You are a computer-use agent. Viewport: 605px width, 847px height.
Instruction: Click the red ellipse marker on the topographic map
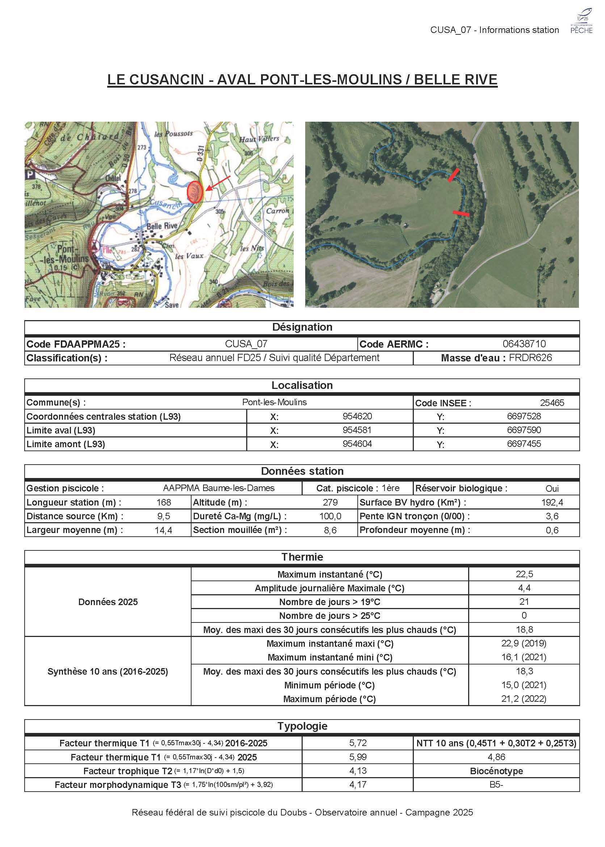194,192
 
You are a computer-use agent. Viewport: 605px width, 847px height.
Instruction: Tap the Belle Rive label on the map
162,226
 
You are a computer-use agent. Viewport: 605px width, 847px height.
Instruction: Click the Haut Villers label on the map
259,139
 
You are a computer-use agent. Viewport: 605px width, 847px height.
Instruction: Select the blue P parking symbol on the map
29,175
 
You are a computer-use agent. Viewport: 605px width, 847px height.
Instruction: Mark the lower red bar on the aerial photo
461,213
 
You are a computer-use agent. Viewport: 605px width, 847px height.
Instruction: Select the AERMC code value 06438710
524,344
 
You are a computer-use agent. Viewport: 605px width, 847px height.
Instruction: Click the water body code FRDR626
530,358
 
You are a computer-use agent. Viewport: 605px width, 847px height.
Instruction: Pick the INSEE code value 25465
552,403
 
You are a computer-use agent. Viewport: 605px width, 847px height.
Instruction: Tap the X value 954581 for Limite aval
357,430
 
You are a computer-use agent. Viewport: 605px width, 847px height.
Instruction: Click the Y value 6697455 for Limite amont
524,444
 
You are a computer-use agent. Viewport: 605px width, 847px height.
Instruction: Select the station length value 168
164,502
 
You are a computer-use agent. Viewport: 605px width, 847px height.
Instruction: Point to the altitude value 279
330,502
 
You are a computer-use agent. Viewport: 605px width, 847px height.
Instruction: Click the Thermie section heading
302,557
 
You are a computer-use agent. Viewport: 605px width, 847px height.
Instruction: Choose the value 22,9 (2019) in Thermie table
524,643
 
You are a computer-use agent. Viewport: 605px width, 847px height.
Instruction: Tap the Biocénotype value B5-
496,785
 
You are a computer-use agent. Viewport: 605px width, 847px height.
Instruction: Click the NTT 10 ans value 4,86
496,757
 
